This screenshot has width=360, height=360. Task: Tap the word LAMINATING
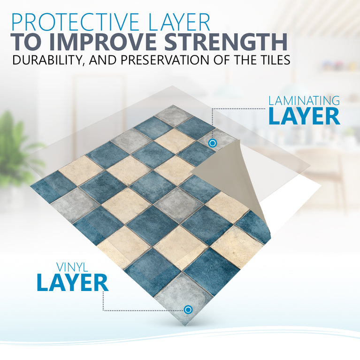click(304, 100)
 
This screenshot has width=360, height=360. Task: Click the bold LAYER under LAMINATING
click(304, 116)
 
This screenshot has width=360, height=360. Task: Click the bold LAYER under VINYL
click(73, 283)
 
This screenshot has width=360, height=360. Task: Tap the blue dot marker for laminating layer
click(212, 143)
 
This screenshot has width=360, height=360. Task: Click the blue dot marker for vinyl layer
click(188, 309)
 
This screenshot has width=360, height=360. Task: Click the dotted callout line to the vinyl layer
click(141, 310)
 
